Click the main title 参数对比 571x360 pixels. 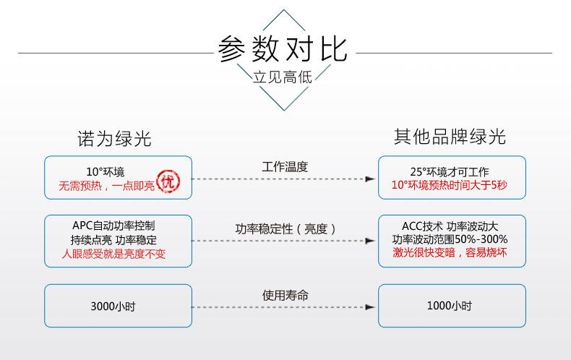[283, 49]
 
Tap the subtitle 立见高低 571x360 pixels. [283, 77]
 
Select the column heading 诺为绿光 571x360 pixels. [114, 139]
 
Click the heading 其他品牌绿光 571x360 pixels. [450, 137]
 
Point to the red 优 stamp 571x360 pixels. [168, 181]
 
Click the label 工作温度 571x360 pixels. [285, 167]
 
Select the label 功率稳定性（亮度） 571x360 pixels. [285, 229]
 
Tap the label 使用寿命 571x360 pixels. [285, 295]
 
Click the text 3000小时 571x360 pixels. [113, 307]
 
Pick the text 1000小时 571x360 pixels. [450, 306]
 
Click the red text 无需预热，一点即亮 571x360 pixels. [107, 186]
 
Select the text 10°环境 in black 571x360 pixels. [106, 171]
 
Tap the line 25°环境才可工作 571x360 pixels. [450, 171]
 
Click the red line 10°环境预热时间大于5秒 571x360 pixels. [450, 185]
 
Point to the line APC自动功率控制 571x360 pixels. [113, 226]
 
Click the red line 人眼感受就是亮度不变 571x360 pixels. [113, 254]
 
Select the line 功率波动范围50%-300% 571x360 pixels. [450, 239]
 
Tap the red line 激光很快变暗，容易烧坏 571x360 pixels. [450, 252]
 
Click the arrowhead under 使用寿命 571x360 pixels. [370, 307]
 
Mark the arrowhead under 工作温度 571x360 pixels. [370, 179]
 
